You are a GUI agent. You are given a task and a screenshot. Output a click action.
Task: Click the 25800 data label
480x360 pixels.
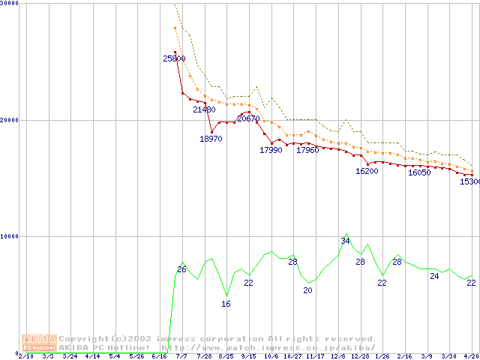pyautogui.click(x=174, y=58)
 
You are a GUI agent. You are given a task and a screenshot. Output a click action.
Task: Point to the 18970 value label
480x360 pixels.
pyautogui.click(x=211, y=139)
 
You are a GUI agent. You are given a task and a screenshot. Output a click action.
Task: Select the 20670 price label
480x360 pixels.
pyautogui.click(x=248, y=118)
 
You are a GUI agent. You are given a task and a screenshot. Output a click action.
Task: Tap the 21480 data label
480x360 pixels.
pyautogui.click(x=204, y=109)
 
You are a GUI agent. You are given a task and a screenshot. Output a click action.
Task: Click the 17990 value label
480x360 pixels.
pyautogui.click(x=271, y=150)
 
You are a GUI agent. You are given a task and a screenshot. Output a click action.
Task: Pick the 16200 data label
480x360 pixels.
pyautogui.click(x=367, y=171)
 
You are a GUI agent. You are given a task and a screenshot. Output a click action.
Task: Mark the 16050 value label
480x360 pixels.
pyautogui.click(x=419, y=172)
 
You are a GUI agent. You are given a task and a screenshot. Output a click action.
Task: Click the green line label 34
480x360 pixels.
pyautogui.click(x=345, y=241)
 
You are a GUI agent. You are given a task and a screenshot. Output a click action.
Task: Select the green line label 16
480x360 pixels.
pyautogui.click(x=226, y=304)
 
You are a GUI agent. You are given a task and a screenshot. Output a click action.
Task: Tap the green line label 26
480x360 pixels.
pyautogui.click(x=181, y=269)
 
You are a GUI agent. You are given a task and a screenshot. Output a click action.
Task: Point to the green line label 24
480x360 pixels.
pyautogui.click(x=434, y=276)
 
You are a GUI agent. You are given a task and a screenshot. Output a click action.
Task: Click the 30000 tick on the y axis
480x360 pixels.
pyautogui.click(x=9, y=4)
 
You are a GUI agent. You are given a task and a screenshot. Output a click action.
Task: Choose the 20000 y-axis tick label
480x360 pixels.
pyautogui.click(x=9, y=120)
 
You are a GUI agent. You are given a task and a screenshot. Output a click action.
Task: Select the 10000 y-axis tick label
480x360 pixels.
pyautogui.click(x=9, y=236)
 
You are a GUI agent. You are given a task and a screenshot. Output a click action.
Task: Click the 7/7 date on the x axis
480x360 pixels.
pyautogui.click(x=181, y=357)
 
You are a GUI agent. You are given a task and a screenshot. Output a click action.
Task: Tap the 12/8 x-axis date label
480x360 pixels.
pyautogui.click(x=337, y=357)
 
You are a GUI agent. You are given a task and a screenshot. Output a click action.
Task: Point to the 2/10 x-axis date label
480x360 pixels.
pyautogui.click(x=25, y=357)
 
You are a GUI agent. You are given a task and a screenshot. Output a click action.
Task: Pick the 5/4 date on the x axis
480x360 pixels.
pyautogui.click(x=114, y=357)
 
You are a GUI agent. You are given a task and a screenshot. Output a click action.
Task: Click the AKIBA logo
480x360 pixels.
pyautogui.click(x=39, y=343)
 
